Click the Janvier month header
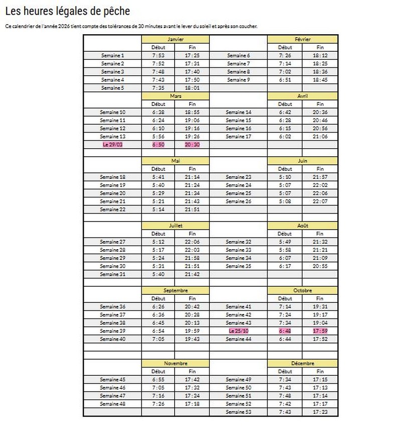point(175,39)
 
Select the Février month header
point(303,39)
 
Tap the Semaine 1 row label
point(112,55)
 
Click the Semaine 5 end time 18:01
point(192,88)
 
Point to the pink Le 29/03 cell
point(112,144)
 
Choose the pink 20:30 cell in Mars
point(192,144)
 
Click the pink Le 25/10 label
point(238,331)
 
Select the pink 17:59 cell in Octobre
point(320,331)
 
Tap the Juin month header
point(303,161)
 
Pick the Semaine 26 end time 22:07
point(320,201)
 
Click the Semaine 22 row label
point(112,209)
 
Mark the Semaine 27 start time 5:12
point(158,242)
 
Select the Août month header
point(303,226)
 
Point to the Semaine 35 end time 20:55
point(320,266)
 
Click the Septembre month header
point(175,290)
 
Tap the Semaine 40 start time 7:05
point(158,339)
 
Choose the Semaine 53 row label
point(238,412)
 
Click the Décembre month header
point(303,363)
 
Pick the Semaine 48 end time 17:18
point(192,404)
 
